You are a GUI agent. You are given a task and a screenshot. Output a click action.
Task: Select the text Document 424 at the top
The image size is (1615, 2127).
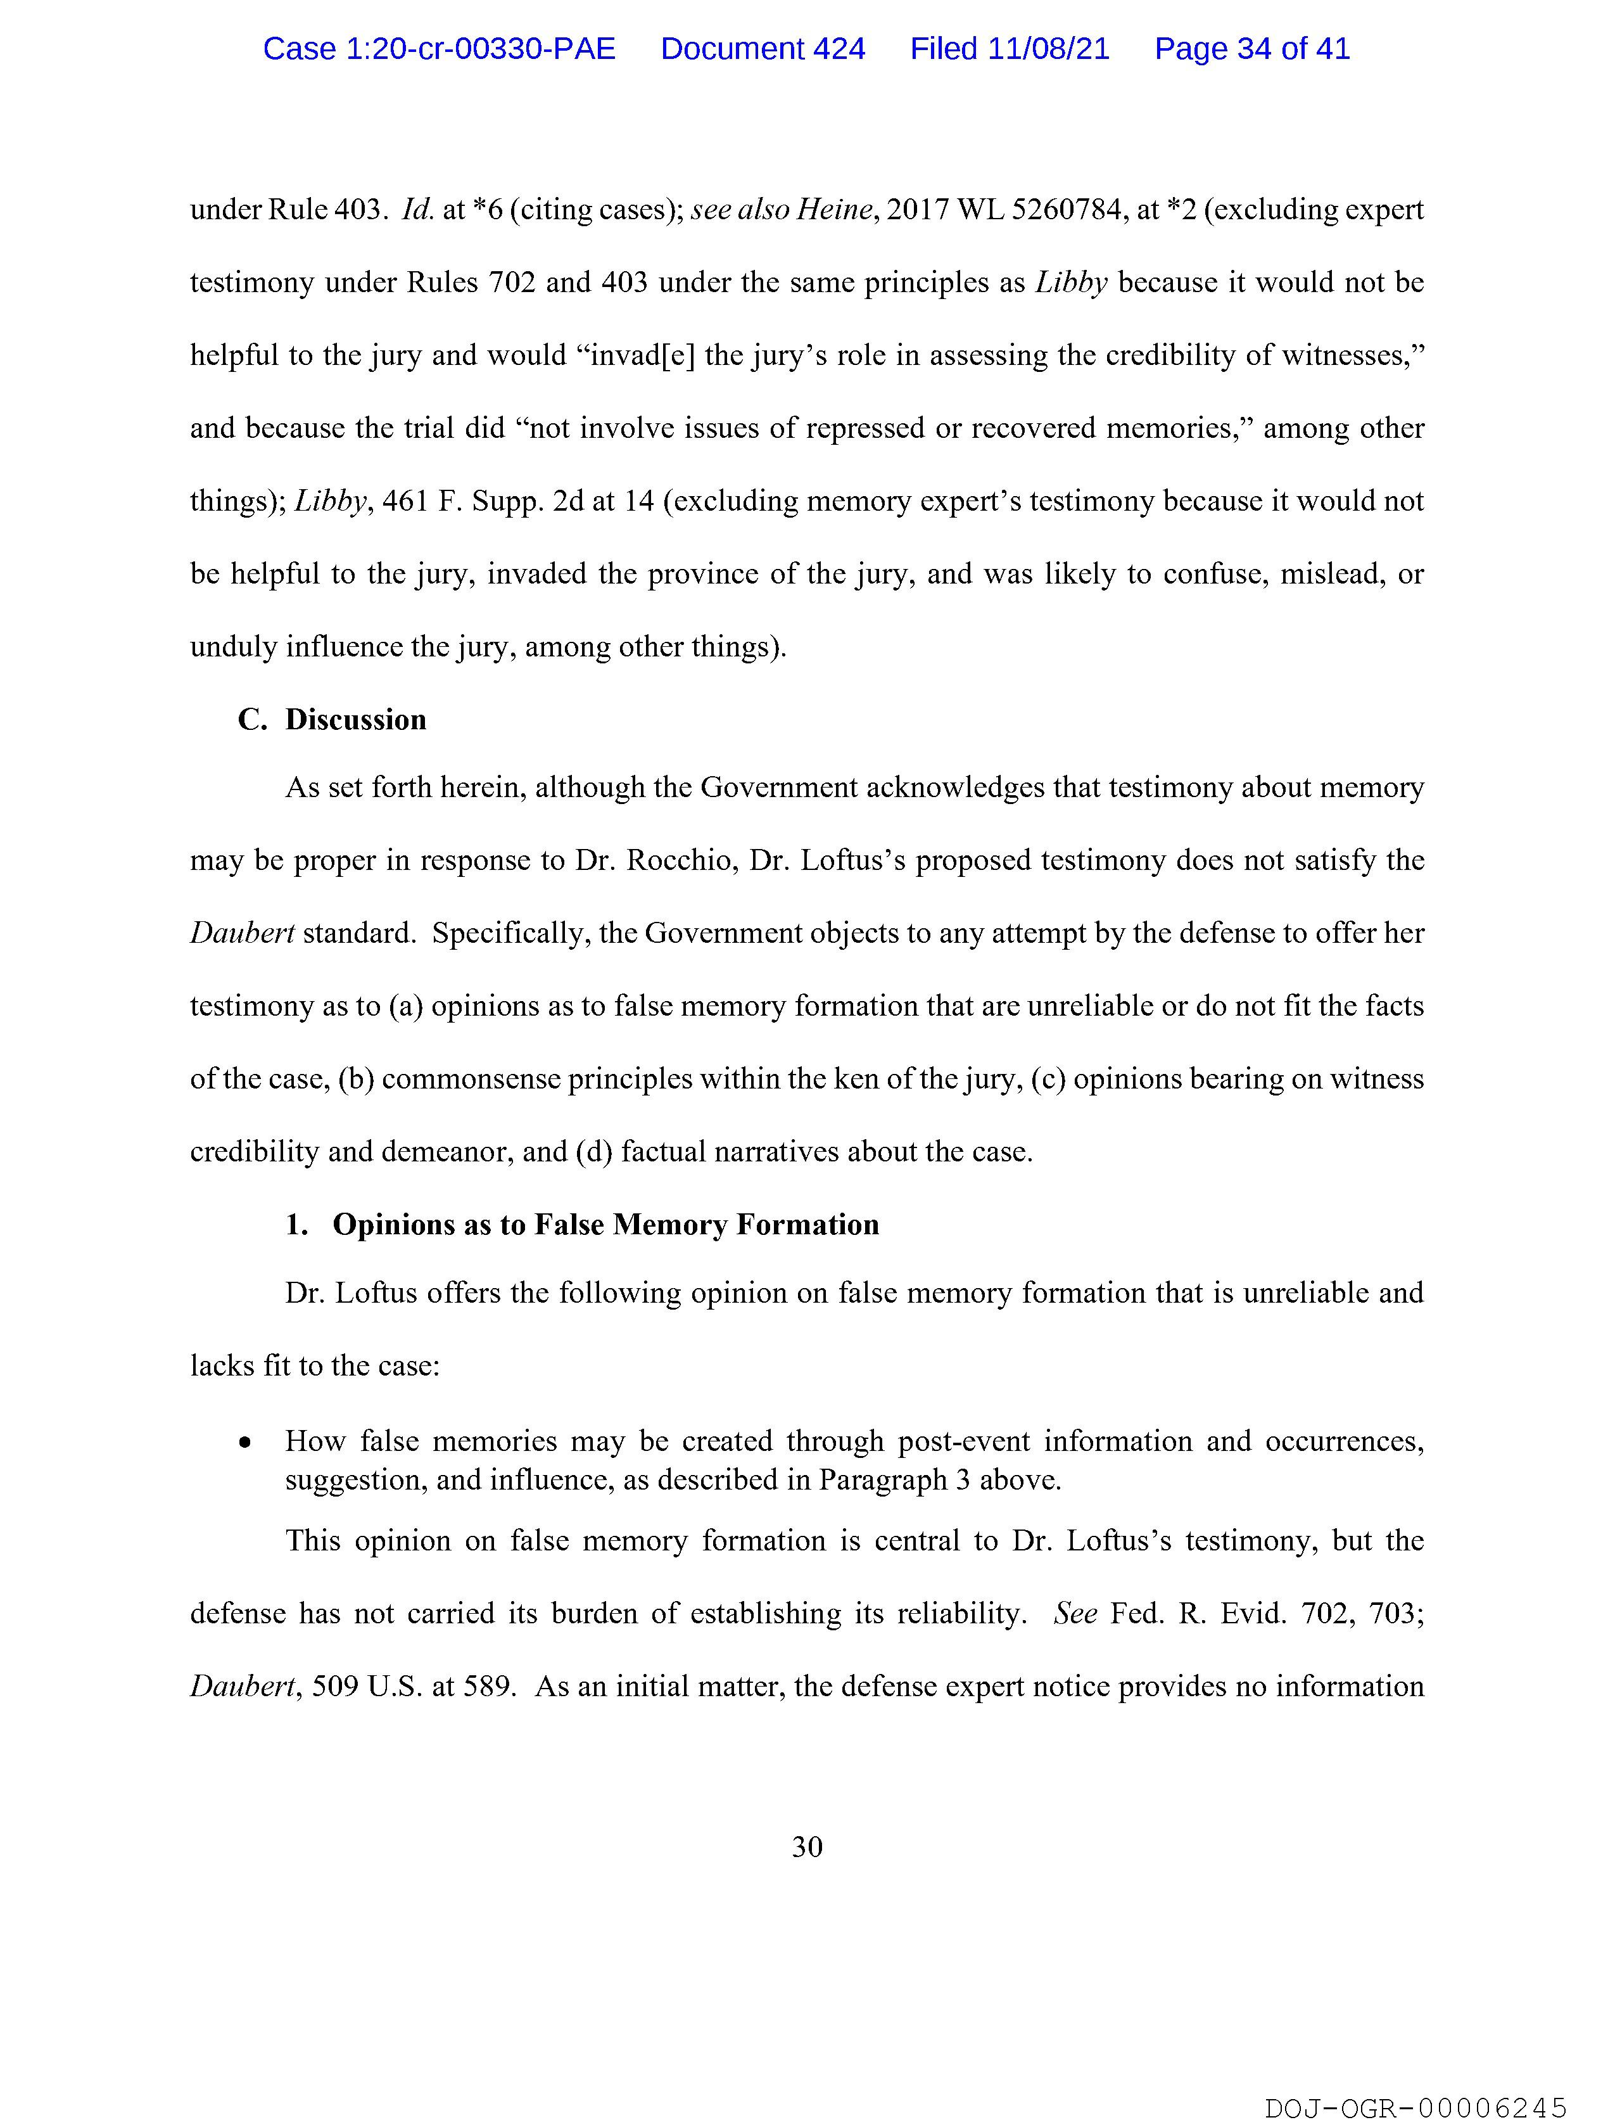click(763, 49)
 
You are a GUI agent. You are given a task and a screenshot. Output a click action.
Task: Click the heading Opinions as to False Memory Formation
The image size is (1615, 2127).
click(605, 1224)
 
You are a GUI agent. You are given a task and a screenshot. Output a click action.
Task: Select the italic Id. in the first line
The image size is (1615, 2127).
click(418, 210)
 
